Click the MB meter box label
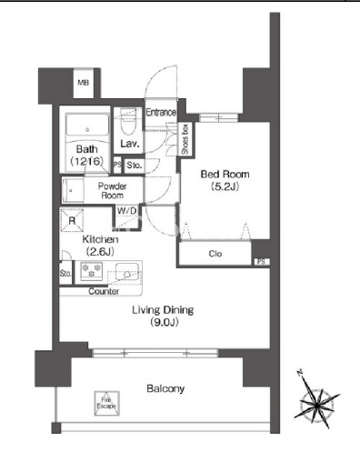point(84,83)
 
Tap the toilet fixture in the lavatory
point(128,122)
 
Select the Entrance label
point(161,113)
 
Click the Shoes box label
point(185,139)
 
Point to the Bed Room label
point(225,175)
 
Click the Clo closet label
point(215,254)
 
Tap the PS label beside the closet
point(262,261)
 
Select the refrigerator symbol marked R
point(72,220)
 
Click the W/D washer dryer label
point(127,210)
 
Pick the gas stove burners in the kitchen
point(91,271)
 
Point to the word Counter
point(104,291)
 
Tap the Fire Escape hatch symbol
point(106,403)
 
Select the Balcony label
point(165,388)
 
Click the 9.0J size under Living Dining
point(164,322)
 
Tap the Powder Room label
point(112,191)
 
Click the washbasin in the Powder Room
point(73,191)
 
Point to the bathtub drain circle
point(87,130)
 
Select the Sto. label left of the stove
point(65,274)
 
